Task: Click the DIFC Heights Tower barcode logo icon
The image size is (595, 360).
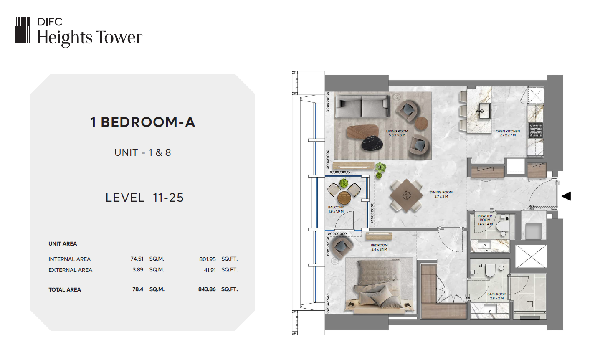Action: [23, 30]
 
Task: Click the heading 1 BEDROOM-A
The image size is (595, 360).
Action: [143, 122]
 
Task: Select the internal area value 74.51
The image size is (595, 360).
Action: [137, 259]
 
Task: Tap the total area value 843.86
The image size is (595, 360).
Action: [207, 289]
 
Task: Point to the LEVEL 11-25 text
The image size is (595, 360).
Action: [144, 198]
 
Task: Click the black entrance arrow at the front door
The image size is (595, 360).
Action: [566, 196]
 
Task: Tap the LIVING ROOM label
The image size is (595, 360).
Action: [397, 131]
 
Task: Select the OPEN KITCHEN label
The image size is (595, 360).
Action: [508, 131]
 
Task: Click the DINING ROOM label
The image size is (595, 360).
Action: [441, 192]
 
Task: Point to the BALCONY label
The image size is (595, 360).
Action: [336, 207]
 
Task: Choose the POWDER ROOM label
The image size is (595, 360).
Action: [485, 218]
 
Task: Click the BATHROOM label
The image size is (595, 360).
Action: [497, 294]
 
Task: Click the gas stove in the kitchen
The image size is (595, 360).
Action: [535, 130]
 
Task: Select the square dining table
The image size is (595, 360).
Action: [406, 196]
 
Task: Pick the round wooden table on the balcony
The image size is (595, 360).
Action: [344, 198]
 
